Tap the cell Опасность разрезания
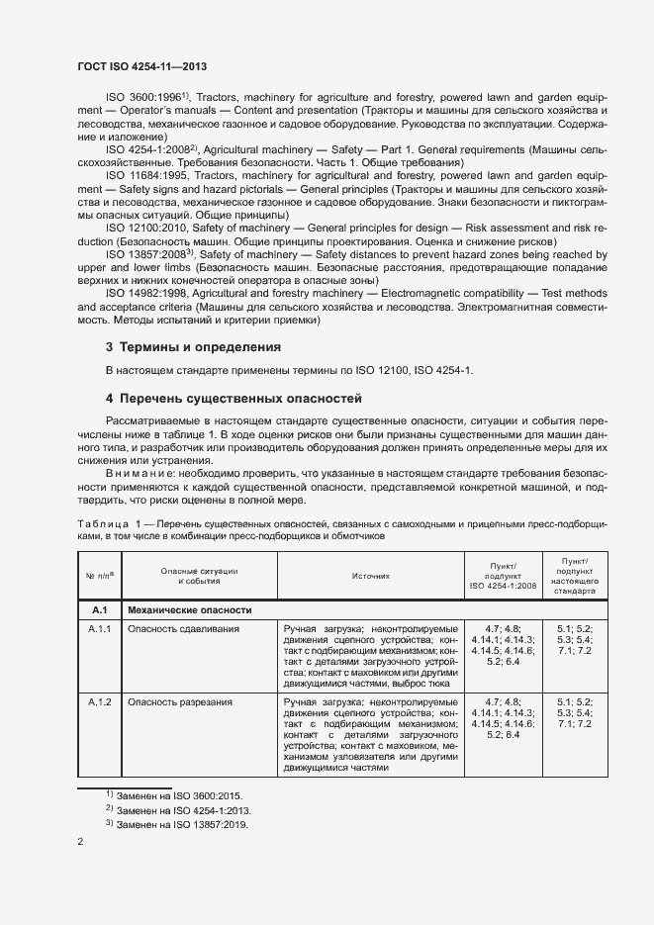(181, 701)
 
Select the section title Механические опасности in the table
(190, 609)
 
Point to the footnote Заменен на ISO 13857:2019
(184, 824)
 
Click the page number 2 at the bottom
(81, 842)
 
